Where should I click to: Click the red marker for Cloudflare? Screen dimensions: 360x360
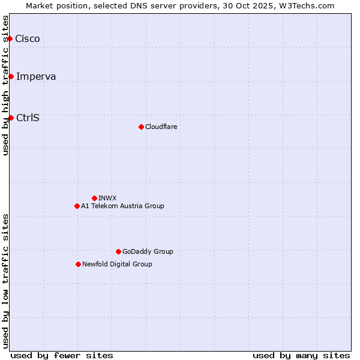tap(141, 127)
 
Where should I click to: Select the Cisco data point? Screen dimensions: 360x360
tap(10, 38)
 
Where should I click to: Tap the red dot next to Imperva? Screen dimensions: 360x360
tap(11, 76)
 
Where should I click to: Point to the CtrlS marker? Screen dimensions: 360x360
tap(11, 118)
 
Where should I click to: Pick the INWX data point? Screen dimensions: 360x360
tap(94, 198)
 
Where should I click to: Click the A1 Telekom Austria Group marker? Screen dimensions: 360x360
tap(77, 206)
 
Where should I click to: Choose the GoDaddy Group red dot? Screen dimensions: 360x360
tap(118, 251)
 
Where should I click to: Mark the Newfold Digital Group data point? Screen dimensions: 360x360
tap(78, 264)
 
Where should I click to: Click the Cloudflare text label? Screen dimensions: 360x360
tap(161, 127)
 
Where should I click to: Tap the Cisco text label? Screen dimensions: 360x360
tap(28, 39)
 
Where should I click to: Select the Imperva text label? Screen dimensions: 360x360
tap(36, 76)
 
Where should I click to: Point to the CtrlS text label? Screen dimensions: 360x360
tap(28, 118)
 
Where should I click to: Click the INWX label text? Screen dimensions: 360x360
tap(107, 198)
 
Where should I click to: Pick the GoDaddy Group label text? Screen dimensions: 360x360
tap(148, 251)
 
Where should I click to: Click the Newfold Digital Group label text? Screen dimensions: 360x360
tap(117, 264)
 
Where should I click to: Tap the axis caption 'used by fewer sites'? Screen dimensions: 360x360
tap(62, 355)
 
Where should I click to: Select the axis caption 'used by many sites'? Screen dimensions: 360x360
tap(301, 355)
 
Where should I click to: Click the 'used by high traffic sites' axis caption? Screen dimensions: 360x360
tap(6, 85)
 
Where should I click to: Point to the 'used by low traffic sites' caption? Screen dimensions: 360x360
tap(6, 281)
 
